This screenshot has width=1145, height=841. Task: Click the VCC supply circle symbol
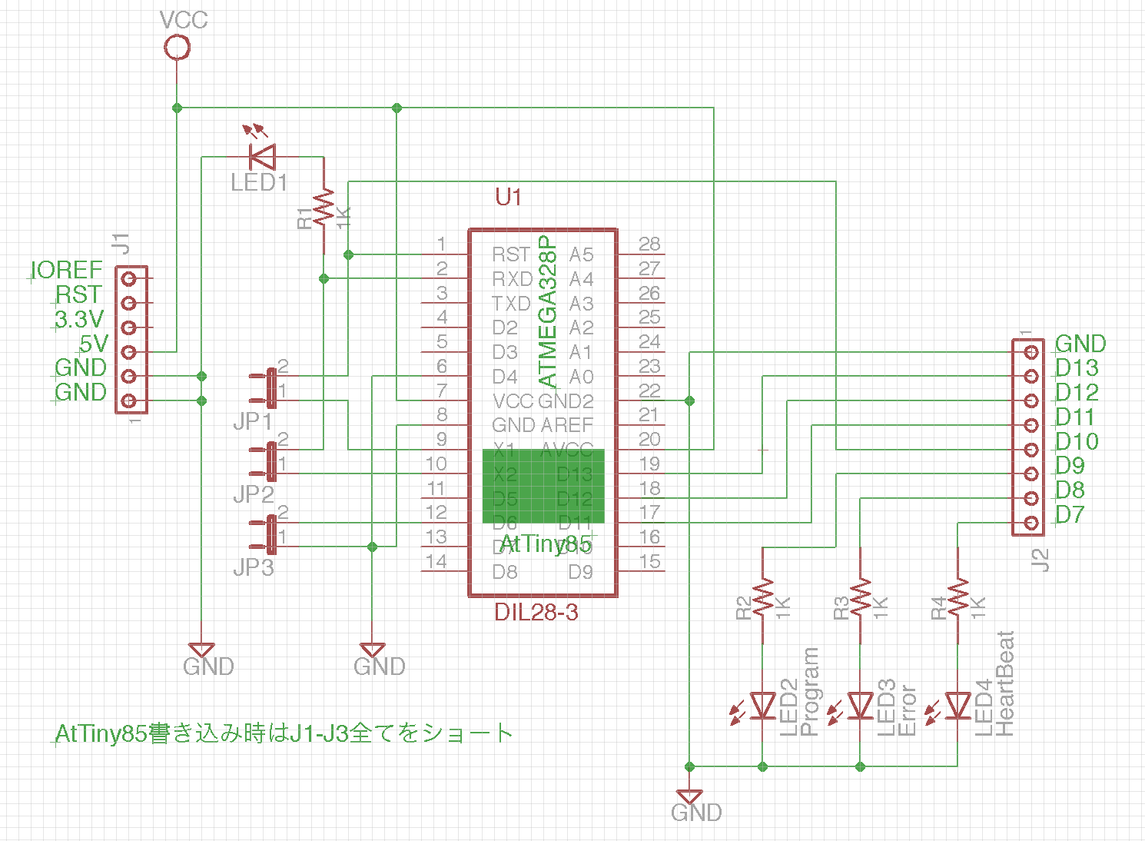[x=178, y=48]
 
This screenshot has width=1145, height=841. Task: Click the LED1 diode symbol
[x=263, y=158]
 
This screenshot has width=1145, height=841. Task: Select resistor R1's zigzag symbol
[x=324, y=208]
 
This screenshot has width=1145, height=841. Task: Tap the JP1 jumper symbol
[x=270, y=387]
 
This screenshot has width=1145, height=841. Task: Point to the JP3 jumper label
[x=254, y=568]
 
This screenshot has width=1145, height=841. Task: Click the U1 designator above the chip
[x=509, y=198]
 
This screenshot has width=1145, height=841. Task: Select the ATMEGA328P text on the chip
[x=547, y=311]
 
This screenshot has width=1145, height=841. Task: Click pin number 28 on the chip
[x=649, y=244]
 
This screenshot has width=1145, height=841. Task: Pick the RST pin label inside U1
[x=511, y=254]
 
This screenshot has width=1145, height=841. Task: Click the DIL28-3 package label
[x=536, y=613]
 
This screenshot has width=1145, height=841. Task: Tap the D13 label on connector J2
[x=1077, y=368]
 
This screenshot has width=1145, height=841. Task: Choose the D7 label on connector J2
[x=1070, y=514]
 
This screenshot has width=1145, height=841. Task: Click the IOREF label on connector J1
[x=67, y=270]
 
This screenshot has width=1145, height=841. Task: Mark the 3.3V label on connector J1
[x=79, y=319]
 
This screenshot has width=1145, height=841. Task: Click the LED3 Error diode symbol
[x=861, y=705]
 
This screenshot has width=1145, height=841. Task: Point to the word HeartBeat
[x=1005, y=684]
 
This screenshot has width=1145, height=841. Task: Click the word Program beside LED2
[x=810, y=692]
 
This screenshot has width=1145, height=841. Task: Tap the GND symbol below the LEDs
[x=690, y=798]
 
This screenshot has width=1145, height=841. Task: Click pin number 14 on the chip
[x=436, y=562]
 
